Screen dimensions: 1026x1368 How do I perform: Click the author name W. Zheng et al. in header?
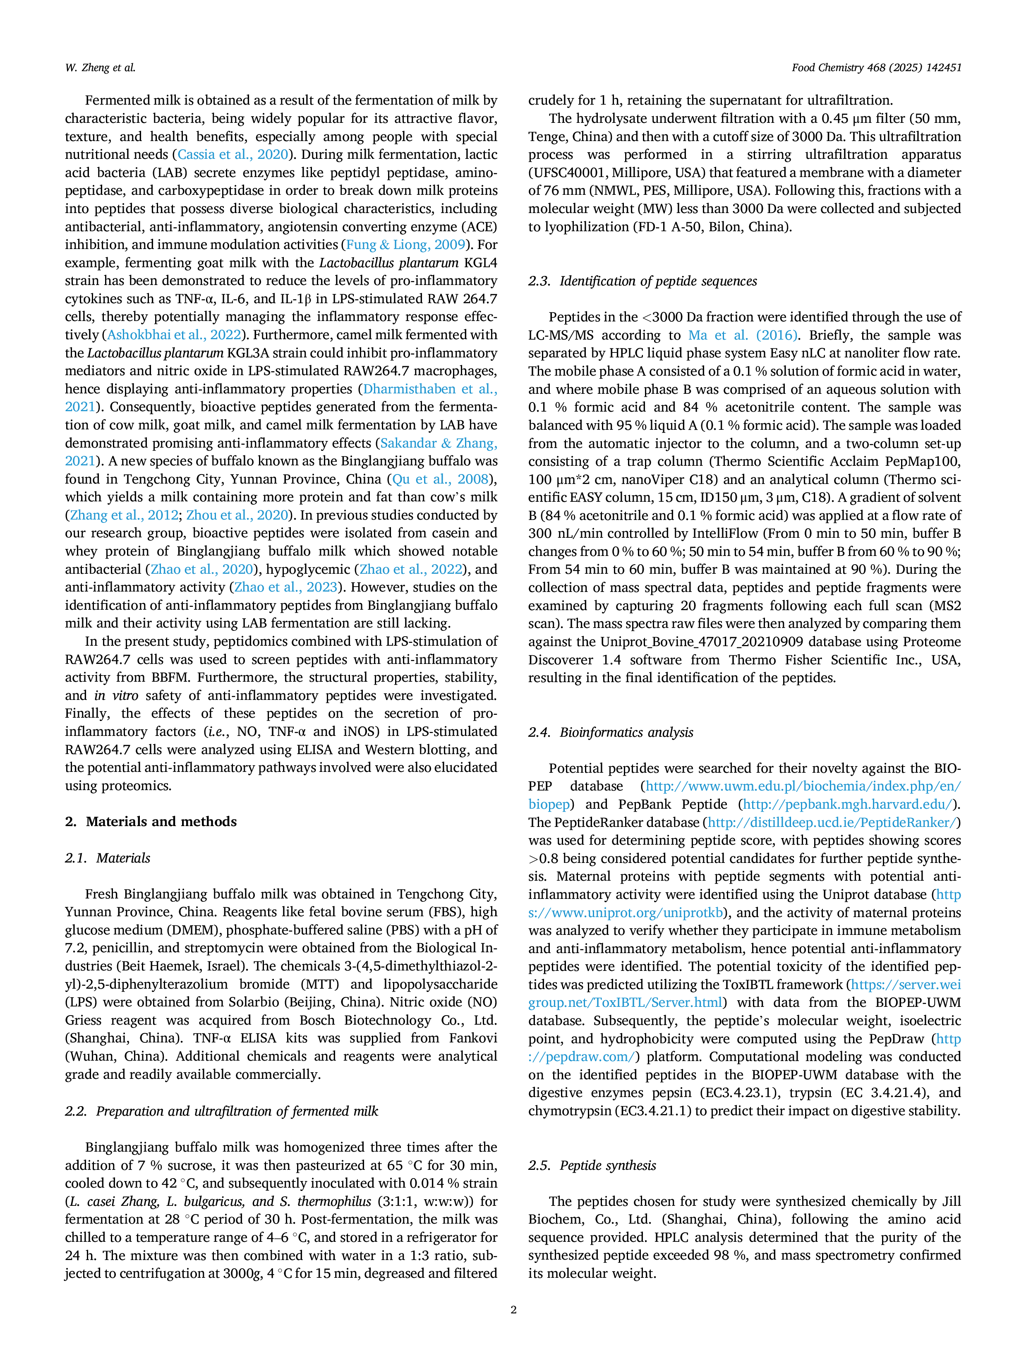[100, 68]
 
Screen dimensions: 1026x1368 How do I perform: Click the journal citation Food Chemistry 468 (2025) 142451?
[876, 68]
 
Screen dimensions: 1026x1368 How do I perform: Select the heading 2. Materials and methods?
[151, 821]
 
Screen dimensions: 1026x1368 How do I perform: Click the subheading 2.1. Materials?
[108, 858]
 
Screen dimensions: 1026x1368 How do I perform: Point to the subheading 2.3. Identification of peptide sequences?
[642, 281]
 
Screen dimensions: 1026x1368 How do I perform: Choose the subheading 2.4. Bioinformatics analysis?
[610, 732]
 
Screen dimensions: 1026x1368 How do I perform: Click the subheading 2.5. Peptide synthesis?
[592, 1165]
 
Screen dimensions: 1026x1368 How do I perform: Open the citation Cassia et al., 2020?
[233, 155]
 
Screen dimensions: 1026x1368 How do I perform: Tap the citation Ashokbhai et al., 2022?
[174, 335]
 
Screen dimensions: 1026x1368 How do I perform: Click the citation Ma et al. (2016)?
[742, 335]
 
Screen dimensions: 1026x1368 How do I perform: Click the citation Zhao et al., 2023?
[286, 587]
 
